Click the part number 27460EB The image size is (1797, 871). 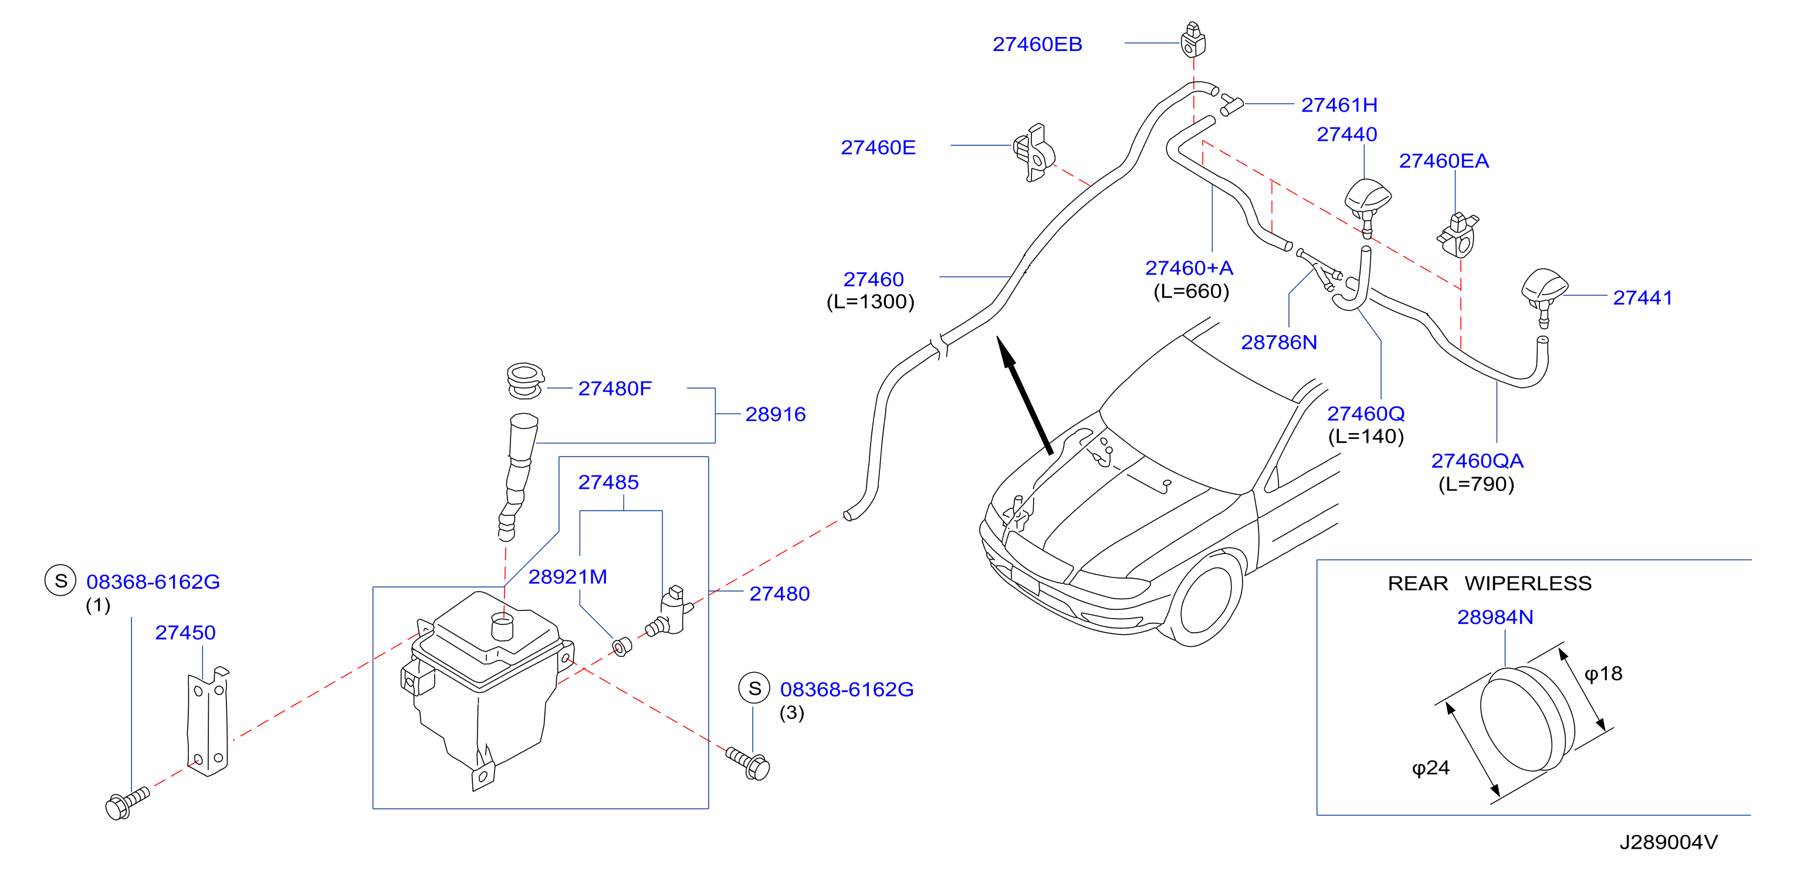(1037, 44)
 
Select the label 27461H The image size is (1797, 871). (1339, 104)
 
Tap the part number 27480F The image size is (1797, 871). (615, 388)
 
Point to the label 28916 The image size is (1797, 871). (775, 414)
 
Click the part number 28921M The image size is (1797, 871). (567, 576)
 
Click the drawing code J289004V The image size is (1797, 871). (1669, 842)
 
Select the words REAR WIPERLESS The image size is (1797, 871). (1490, 583)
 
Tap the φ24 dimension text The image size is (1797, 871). (1431, 768)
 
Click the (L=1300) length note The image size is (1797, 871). (870, 302)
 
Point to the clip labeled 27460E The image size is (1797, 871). (1034, 153)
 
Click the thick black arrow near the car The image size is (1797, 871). (1024, 395)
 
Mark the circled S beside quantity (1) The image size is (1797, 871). (60, 580)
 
